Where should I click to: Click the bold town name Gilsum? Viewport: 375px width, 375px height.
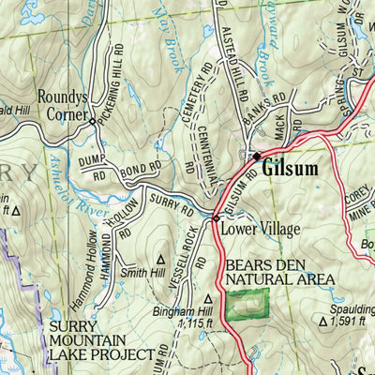(290, 170)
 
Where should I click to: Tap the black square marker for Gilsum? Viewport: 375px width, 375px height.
(256, 156)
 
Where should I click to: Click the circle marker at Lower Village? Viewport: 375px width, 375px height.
(216, 217)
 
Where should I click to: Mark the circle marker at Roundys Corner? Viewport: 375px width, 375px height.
(91, 121)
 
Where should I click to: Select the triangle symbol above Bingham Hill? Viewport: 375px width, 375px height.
(208, 300)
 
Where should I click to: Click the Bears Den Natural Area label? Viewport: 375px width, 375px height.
(279, 272)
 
